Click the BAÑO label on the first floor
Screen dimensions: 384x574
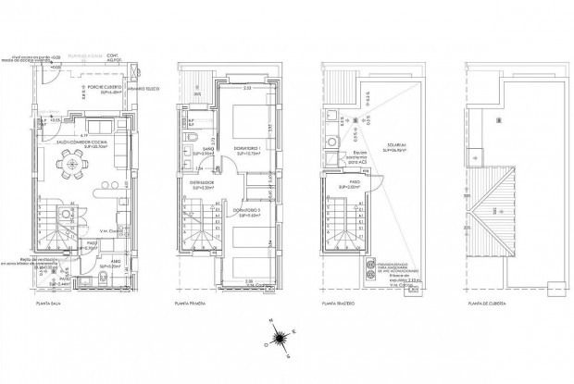point(207,149)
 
